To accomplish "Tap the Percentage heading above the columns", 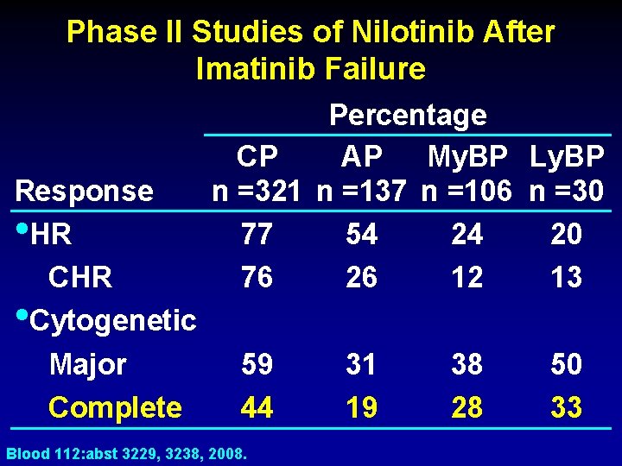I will (408, 115).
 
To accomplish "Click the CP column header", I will (257, 157).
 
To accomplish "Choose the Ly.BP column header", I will (566, 157).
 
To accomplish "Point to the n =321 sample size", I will (257, 191).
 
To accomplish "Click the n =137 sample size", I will (360, 191).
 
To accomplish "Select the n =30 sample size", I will (566, 191).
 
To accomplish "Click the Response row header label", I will (85, 191).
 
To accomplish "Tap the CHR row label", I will (80, 277).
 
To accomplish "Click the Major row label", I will (88, 364).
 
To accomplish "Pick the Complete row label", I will (115, 407).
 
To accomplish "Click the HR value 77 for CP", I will (257, 234).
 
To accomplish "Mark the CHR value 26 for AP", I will (361, 277).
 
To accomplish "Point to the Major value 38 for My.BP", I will (466, 364).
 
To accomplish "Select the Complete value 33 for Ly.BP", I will (566, 407).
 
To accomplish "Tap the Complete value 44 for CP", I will (257, 407).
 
